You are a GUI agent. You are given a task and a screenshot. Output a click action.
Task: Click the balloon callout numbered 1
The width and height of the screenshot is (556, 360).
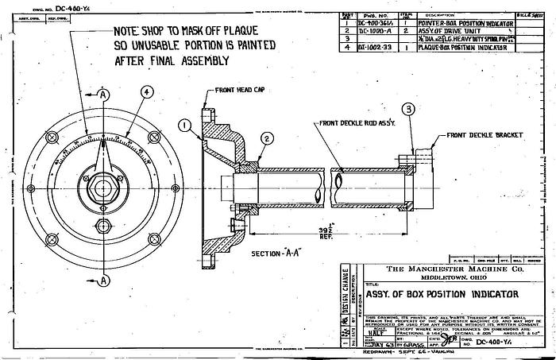point(183,125)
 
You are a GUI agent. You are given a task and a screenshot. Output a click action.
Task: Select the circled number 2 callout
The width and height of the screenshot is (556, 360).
point(268,138)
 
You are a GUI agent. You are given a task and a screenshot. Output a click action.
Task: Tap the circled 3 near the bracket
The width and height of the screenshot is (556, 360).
point(408,109)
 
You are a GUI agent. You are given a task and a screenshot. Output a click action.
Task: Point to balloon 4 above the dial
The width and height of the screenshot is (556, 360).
point(147,92)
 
